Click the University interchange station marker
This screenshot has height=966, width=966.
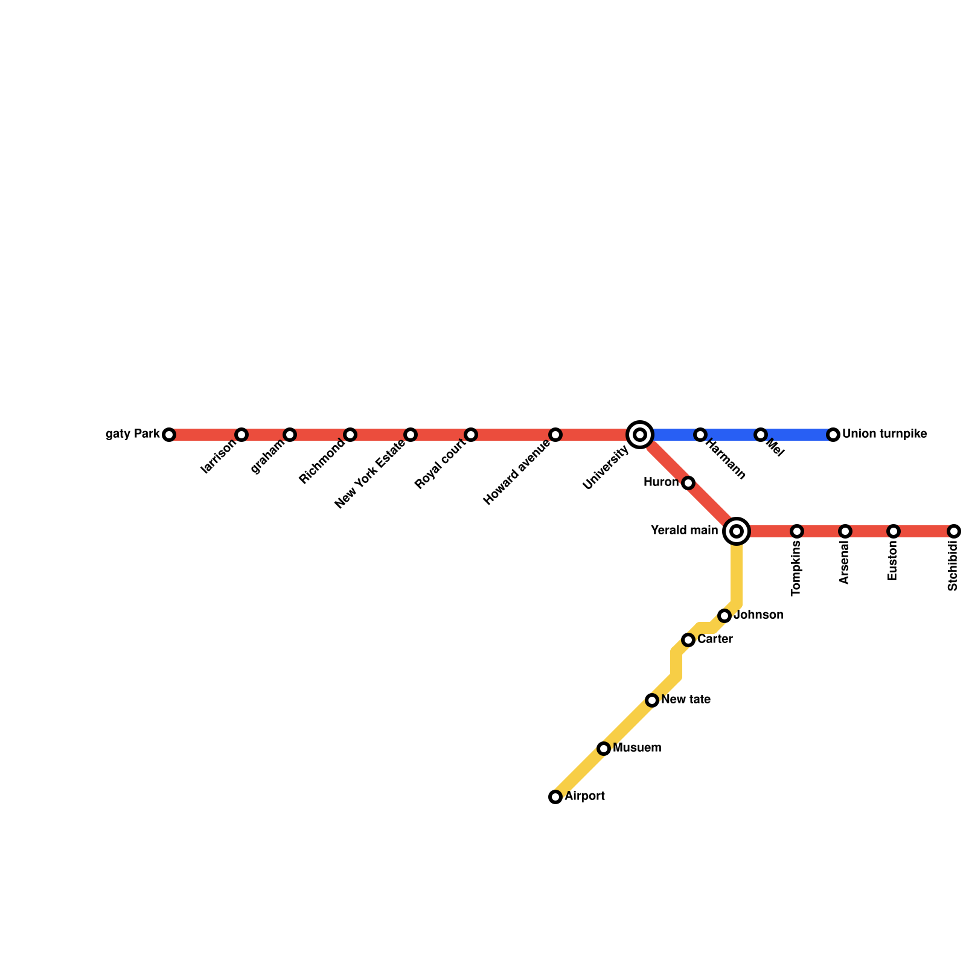tap(640, 435)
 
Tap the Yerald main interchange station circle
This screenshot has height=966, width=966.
tap(737, 531)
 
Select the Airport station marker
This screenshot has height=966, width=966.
tap(555, 797)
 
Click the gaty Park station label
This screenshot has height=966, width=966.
tap(133, 434)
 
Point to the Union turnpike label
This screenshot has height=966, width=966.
tap(884, 434)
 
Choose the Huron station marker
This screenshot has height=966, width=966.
tap(688, 483)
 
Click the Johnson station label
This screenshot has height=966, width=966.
tap(758, 615)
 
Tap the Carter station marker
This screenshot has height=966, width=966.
tap(688, 640)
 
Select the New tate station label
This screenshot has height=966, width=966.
tap(686, 700)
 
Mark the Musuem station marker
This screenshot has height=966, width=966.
tap(604, 749)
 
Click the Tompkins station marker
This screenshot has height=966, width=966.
tap(797, 531)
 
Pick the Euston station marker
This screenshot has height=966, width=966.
tap(894, 531)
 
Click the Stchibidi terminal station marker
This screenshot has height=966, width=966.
tap(954, 531)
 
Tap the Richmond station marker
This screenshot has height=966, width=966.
tap(350, 435)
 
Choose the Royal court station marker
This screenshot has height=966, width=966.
tap(471, 435)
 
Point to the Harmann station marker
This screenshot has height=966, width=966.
tap(700, 435)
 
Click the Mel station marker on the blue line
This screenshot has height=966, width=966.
tap(761, 435)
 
